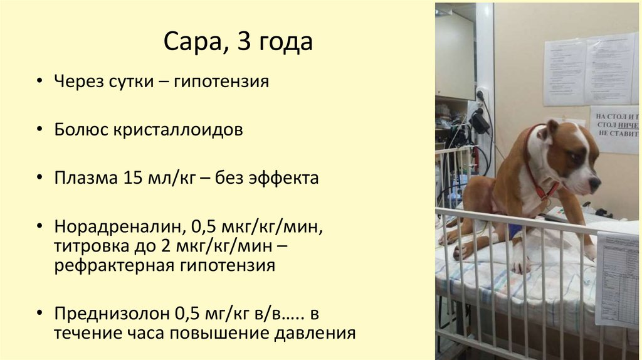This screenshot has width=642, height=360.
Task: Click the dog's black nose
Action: click(594, 183)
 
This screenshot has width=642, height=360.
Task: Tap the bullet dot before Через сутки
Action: click(39, 82)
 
